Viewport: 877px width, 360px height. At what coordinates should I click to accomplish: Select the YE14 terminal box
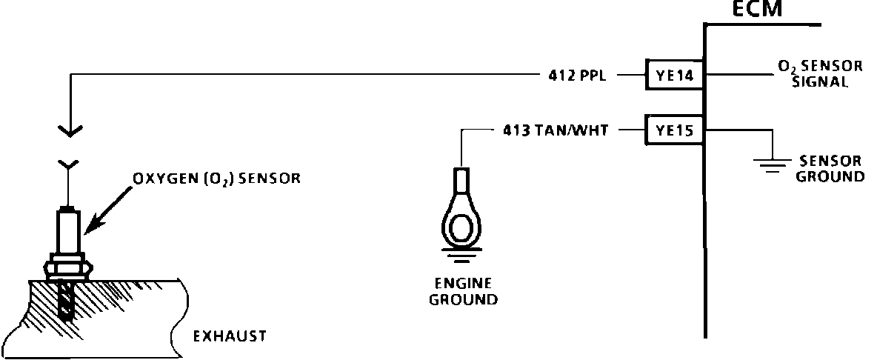point(674,74)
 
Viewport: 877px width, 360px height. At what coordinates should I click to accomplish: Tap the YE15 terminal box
point(674,130)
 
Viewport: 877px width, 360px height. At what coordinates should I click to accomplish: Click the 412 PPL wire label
point(575,74)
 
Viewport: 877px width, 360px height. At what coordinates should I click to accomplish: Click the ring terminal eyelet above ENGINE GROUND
point(461,224)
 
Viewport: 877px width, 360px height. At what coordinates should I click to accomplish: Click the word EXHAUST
point(230,337)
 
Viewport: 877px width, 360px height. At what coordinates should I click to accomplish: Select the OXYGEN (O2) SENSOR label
point(217,179)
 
